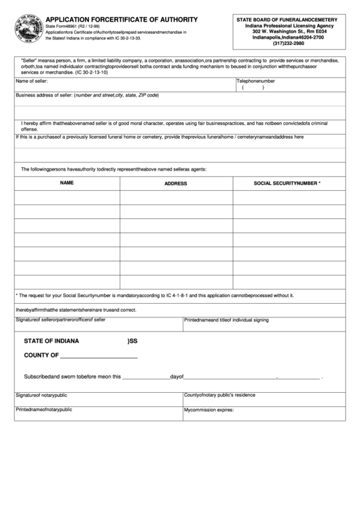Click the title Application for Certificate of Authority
(122, 20)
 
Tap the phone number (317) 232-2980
(289, 44)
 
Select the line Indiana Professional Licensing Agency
(289, 26)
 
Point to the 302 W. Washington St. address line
(289, 32)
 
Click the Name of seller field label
(32, 81)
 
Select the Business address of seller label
(87, 95)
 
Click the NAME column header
(67, 183)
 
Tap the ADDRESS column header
(175, 183)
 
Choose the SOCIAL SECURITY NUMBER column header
(287, 183)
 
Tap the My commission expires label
(209, 410)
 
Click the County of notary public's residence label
(219, 395)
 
